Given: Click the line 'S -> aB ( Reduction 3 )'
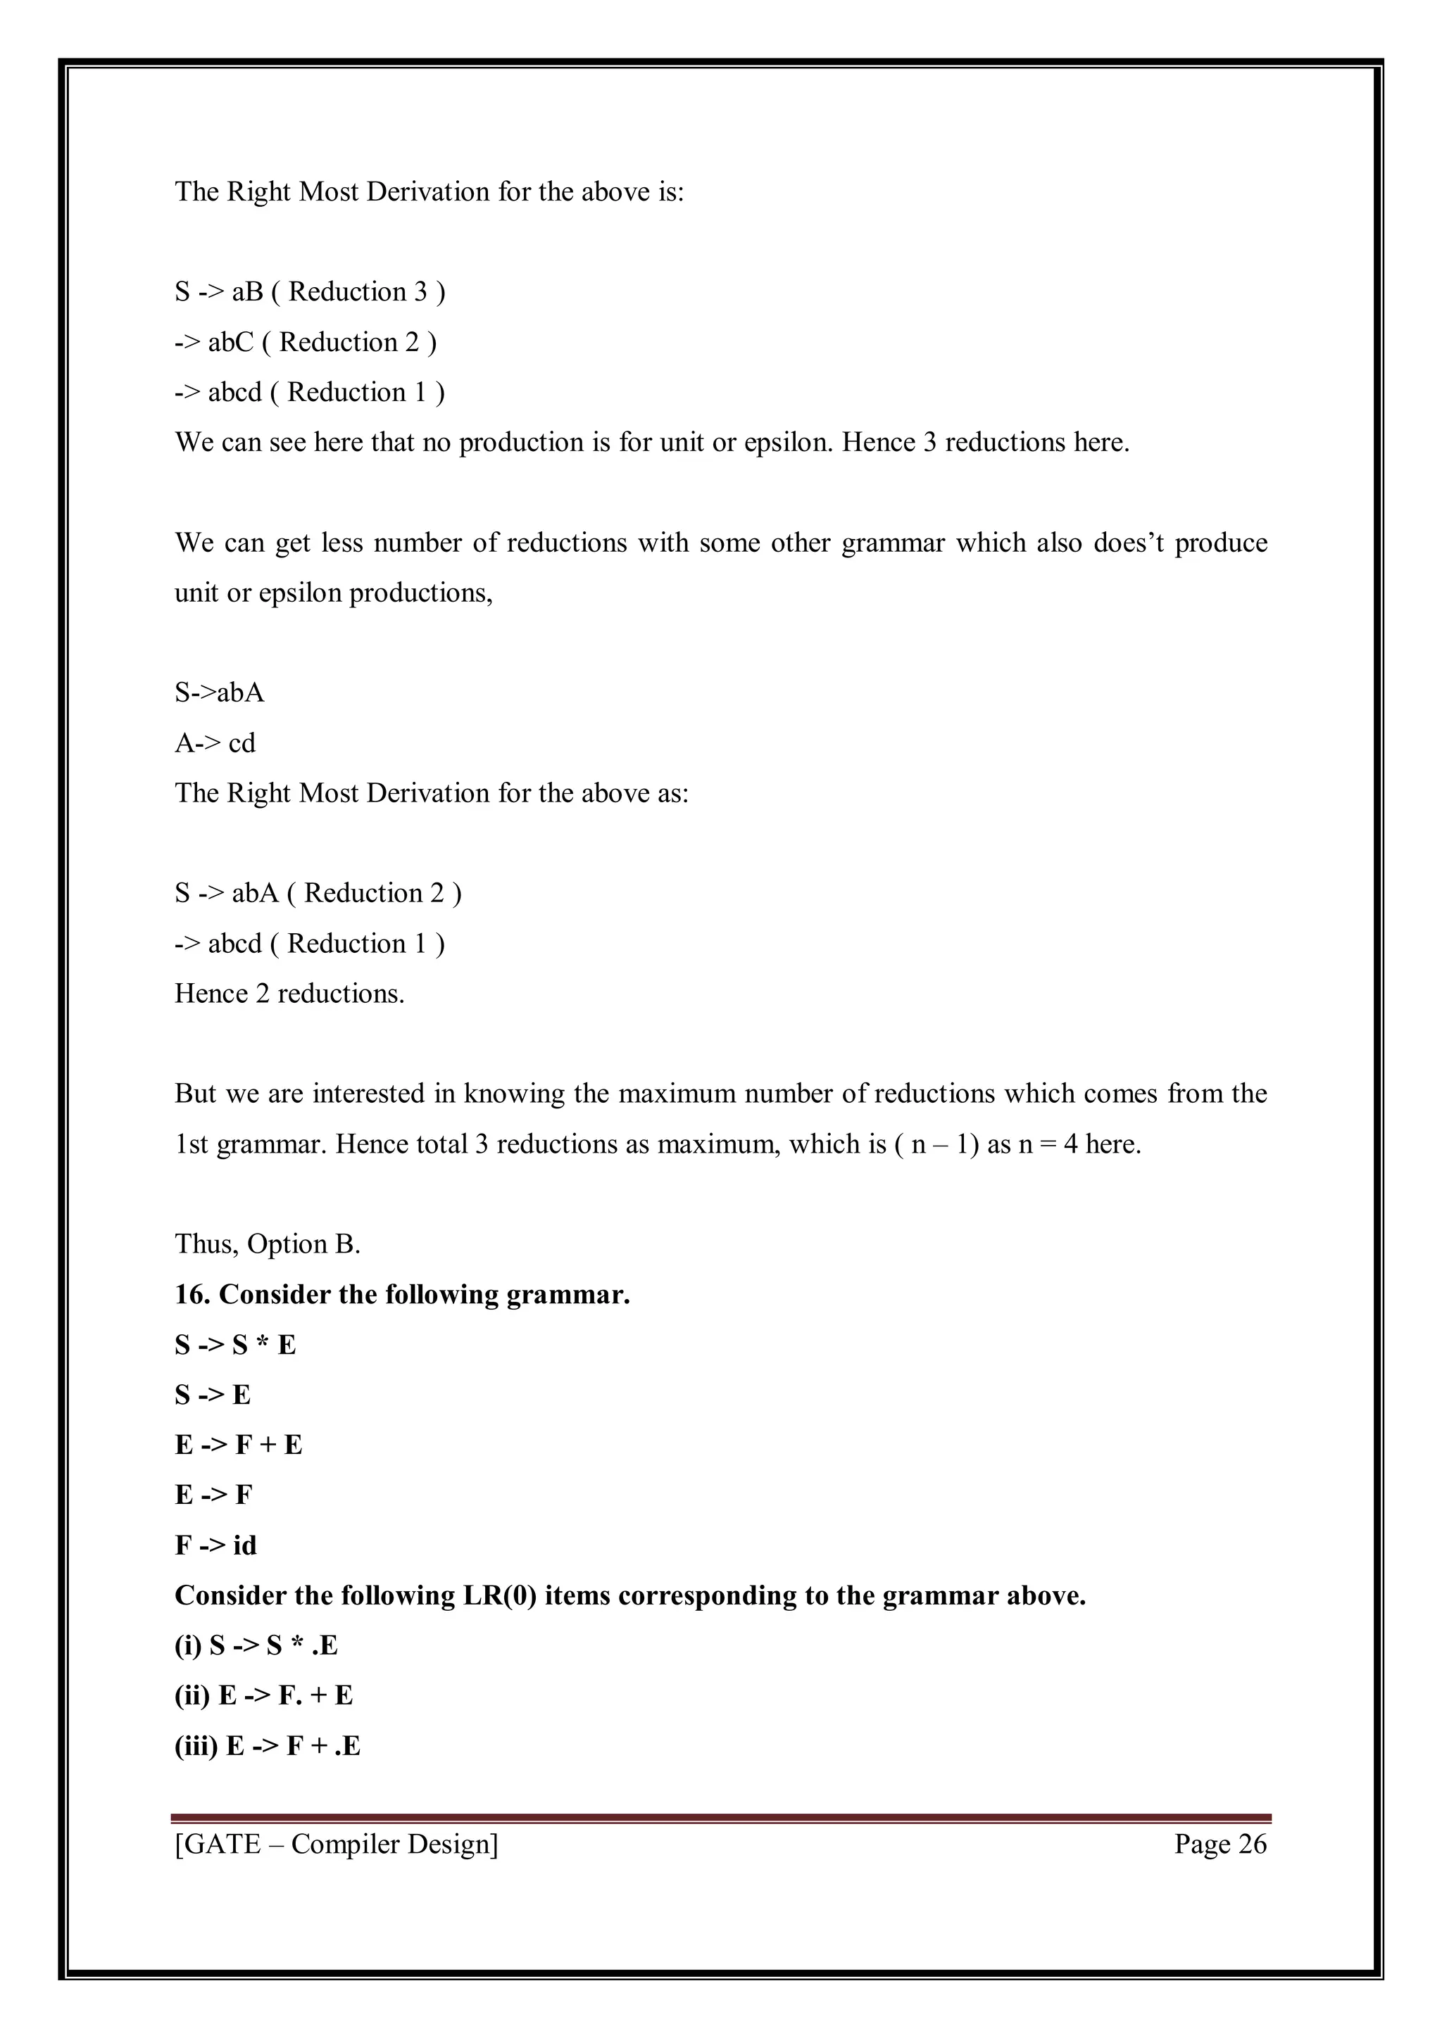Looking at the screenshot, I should (310, 292).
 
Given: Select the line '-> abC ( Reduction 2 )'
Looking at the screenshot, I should (306, 343).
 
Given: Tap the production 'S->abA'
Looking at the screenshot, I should (219, 692).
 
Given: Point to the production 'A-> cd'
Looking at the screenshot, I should (215, 743).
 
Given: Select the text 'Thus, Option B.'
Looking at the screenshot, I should (268, 1243).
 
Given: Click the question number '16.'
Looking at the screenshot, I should (193, 1294).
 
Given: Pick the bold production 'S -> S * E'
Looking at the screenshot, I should (235, 1345).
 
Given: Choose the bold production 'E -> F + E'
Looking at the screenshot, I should (239, 1445).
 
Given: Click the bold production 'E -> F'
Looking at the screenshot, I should (214, 1495).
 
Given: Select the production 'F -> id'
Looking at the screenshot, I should (215, 1545).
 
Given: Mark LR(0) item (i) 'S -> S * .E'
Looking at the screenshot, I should (256, 1645).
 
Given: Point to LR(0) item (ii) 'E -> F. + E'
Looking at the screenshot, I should (264, 1695).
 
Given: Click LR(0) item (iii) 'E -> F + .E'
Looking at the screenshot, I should (268, 1746).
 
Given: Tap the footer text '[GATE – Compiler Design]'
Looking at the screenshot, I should (337, 1844).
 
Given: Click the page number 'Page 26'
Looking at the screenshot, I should (1220, 1844).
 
